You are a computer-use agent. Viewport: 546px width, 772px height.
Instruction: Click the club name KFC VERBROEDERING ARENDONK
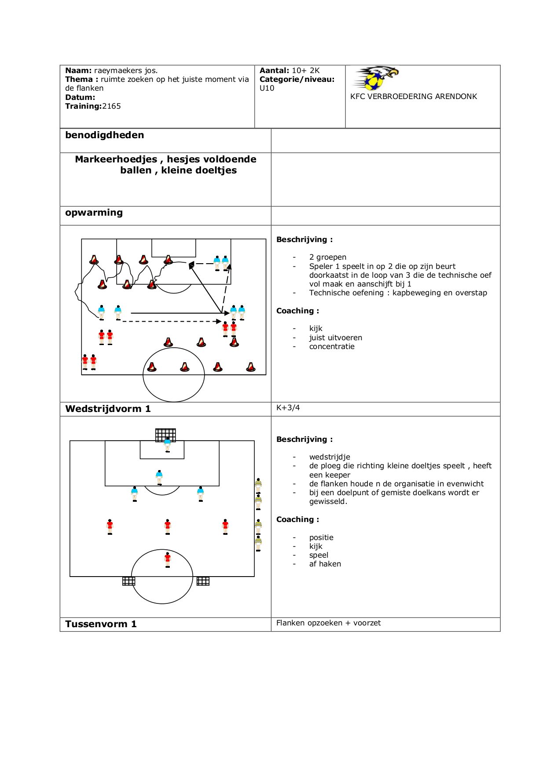[414, 96]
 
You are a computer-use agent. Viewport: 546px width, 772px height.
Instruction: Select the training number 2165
[111, 106]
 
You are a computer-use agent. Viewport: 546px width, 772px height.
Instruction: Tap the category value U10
[267, 88]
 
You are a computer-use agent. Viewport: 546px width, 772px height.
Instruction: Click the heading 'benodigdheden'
[105, 135]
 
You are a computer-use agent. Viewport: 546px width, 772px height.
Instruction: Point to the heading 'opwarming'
[94, 213]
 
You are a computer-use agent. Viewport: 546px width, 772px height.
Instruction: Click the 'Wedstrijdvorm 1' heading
[108, 409]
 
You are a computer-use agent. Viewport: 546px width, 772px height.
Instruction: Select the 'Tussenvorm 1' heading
[101, 624]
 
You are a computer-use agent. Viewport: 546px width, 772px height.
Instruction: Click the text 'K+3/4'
[288, 408]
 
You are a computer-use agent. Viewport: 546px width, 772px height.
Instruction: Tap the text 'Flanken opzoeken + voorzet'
[328, 623]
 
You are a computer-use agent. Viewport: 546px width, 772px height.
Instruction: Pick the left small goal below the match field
[128, 581]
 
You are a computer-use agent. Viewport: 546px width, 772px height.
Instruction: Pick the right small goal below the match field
[203, 581]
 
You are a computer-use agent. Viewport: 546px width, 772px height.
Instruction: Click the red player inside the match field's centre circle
[167, 559]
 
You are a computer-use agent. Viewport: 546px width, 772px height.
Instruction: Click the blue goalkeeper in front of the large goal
[167, 445]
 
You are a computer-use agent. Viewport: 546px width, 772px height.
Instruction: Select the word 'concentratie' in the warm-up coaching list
[332, 346]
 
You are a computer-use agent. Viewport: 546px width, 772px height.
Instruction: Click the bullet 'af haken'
[325, 564]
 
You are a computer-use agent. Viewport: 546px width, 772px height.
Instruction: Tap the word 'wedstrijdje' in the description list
[330, 457]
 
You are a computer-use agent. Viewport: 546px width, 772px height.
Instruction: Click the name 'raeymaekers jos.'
[126, 70]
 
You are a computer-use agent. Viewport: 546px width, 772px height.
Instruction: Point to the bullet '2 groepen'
[327, 257]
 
